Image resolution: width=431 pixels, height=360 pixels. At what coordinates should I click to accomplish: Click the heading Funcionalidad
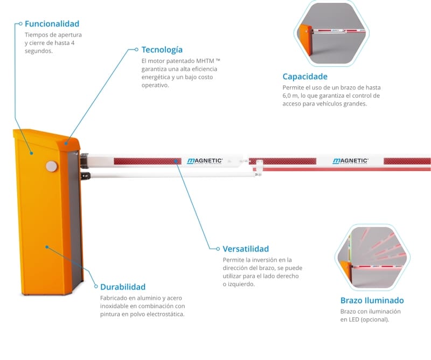[x=52, y=24]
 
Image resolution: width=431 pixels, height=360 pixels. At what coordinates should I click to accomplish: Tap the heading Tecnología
[x=162, y=50]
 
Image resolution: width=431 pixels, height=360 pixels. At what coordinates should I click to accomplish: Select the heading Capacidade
[x=305, y=77]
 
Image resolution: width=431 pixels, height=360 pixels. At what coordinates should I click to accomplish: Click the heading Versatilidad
[x=246, y=249]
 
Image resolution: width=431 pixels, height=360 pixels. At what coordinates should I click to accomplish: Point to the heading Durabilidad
[x=123, y=287]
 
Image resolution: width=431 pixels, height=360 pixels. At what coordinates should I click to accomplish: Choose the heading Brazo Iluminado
[x=372, y=300]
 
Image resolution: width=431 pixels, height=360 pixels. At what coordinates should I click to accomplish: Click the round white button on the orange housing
[x=51, y=167]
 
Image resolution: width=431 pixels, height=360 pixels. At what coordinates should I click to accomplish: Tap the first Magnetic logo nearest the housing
[x=205, y=161]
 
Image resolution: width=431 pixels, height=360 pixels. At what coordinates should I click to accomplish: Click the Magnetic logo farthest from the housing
[x=350, y=161]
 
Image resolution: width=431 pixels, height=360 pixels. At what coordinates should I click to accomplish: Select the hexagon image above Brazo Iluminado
[x=372, y=258]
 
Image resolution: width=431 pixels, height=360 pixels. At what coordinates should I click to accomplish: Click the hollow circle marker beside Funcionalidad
[x=20, y=24]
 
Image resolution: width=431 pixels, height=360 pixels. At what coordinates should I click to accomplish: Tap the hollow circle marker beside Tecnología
[x=137, y=50]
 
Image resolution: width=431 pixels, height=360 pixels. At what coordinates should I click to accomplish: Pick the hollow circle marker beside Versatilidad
[x=218, y=249]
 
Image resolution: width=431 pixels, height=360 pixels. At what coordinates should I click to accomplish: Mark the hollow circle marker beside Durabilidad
[x=96, y=287]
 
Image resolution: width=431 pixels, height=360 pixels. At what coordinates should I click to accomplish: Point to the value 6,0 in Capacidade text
[x=287, y=96]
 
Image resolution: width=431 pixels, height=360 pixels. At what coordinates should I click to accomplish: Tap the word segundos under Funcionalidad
[x=38, y=51]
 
